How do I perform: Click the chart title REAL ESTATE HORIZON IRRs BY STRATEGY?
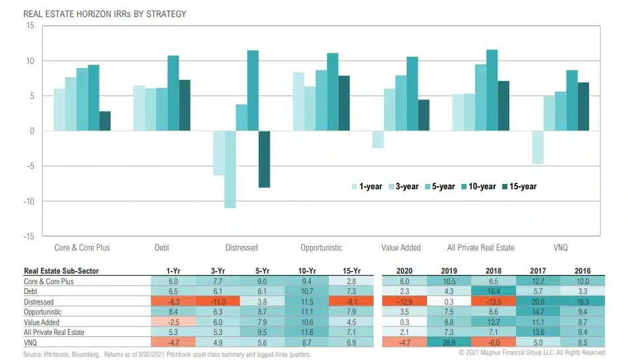click(96, 13)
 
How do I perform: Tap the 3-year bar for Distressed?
click(230, 169)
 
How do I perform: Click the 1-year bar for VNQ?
click(538, 147)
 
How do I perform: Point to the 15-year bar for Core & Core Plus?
click(105, 121)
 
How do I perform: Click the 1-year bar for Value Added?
click(378, 139)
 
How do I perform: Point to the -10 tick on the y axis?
click(28, 201)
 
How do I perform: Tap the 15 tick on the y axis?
click(30, 26)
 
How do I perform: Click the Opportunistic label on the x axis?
click(321, 248)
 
